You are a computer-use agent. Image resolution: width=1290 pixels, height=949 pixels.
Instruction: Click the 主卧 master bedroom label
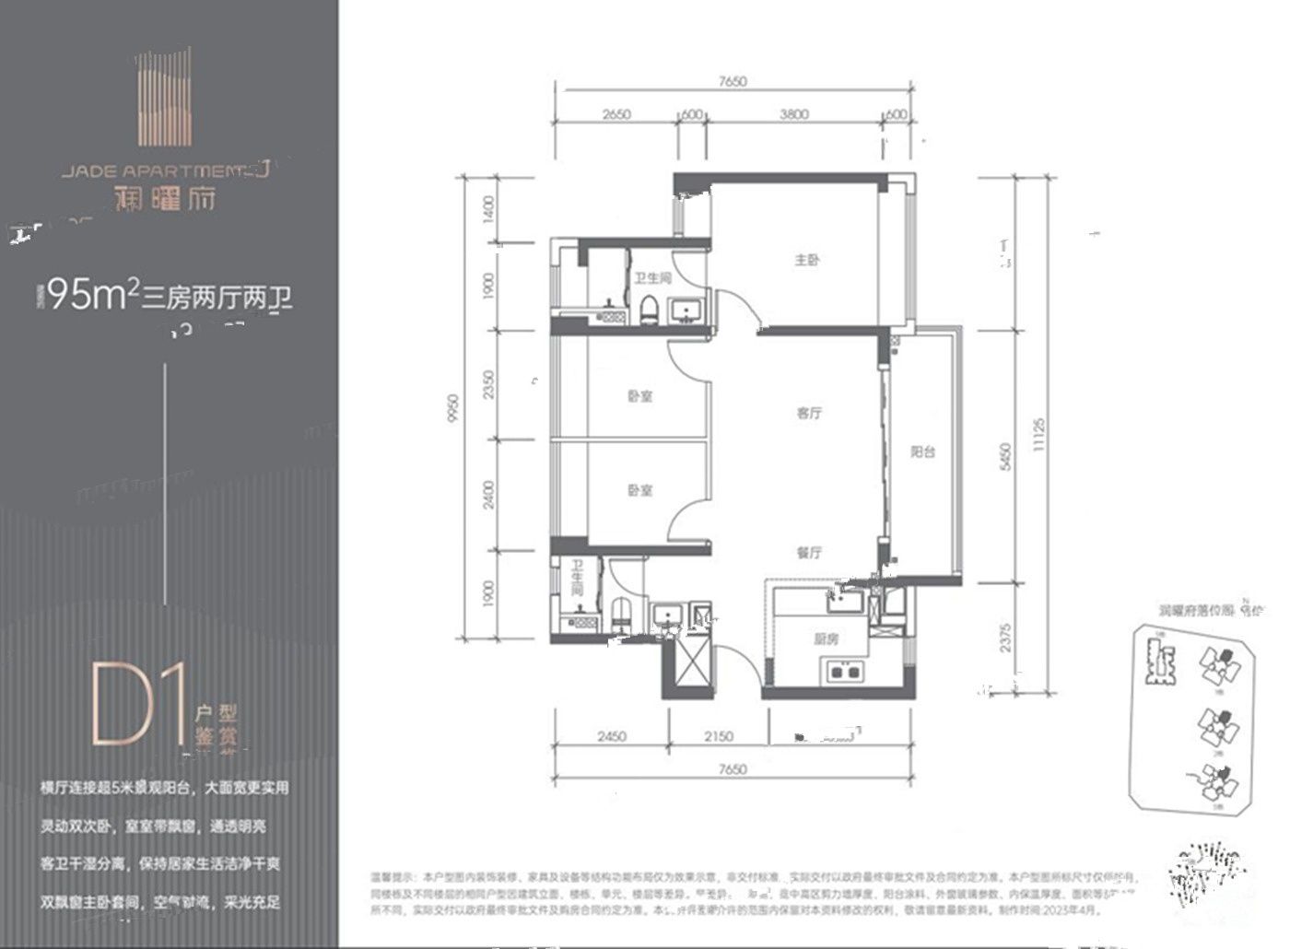pyautogui.click(x=807, y=261)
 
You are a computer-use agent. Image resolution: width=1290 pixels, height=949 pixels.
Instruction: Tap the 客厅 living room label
pyautogui.click(x=809, y=414)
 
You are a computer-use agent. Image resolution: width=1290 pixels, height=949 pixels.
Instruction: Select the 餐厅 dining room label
pyautogui.click(x=809, y=554)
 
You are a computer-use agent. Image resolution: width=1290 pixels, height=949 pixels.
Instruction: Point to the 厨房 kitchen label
pyautogui.click(x=826, y=639)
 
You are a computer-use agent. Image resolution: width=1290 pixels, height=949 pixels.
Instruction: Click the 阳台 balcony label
pyautogui.click(x=922, y=452)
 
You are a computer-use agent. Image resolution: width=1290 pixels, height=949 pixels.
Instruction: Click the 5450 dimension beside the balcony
pyautogui.click(x=1006, y=457)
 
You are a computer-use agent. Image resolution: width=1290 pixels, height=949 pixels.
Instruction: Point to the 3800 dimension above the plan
pyautogui.click(x=793, y=114)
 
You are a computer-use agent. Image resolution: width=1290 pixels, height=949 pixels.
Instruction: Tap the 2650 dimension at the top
pyautogui.click(x=616, y=114)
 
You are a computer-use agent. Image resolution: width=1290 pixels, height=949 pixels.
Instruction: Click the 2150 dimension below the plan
pyautogui.click(x=719, y=736)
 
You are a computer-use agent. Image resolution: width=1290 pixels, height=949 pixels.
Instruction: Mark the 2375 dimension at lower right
pyautogui.click(x=1006, y=637)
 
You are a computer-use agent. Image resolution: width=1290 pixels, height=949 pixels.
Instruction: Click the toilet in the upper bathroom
pyautogui.click(x=650, y=311)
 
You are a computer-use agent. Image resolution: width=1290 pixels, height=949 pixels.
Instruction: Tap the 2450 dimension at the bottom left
pyautogui.click(x=612, y=736)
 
